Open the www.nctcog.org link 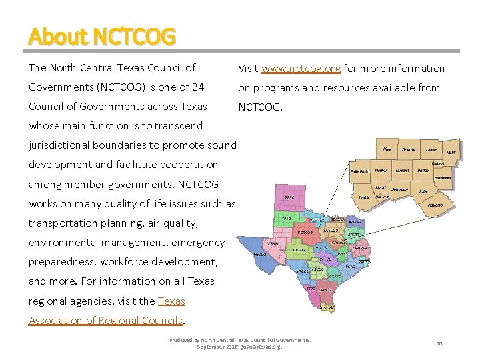(x=301, y=68)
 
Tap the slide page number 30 (x=439, y=343)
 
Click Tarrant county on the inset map (x=401, y=171)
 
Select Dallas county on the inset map (x=423, y=171)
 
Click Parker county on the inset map (x=381, y=171)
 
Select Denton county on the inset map (x=408, y=149)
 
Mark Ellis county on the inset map (x=423, y=191)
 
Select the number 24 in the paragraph (x=197, y=87)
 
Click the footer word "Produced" (x=181, y=340)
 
